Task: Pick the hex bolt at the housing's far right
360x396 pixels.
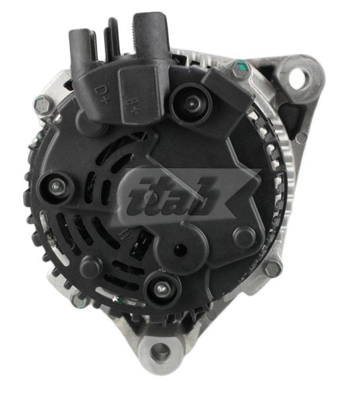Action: click(272, 268)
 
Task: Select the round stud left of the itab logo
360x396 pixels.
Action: click(55, 187)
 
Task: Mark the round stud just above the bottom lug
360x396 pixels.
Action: click(160, 288)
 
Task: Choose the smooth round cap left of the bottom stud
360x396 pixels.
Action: click(92, 265)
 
